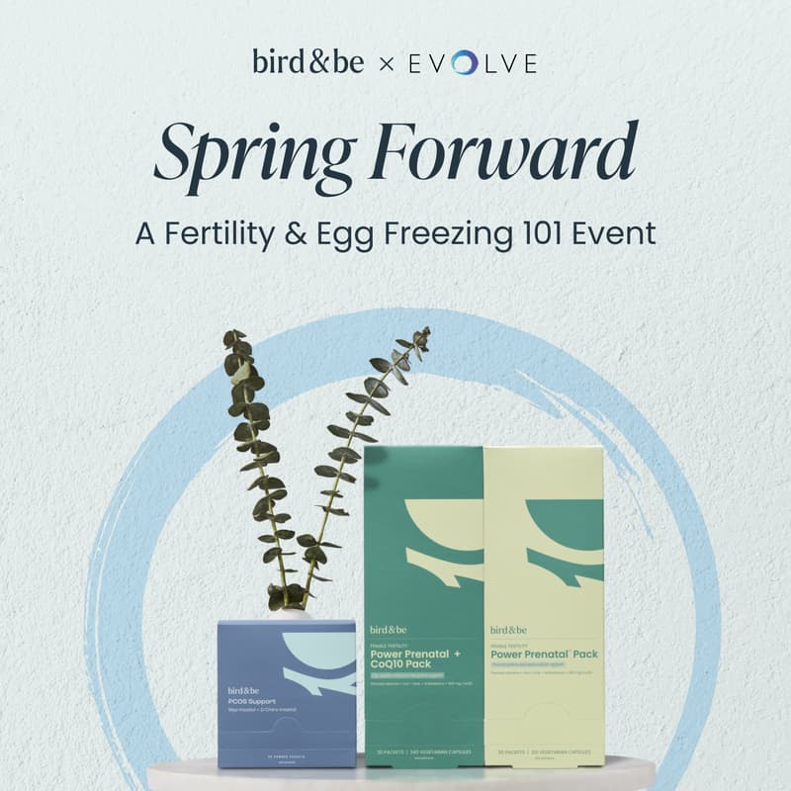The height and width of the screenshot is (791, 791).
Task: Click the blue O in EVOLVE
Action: [x=464, y=63]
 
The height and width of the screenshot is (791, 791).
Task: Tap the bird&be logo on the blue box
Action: [x=248, y=689]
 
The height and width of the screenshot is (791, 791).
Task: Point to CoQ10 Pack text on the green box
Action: [x=406, y=665]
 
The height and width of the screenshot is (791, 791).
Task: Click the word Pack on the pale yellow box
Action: [x=583, y=654]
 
